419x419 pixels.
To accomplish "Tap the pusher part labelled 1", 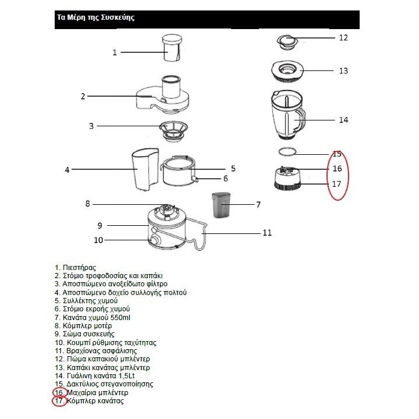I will point(172,48).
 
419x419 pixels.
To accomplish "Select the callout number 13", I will point(343,70).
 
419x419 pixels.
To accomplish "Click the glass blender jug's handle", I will point(300,120).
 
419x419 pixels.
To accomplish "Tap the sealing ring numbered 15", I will point(286,151).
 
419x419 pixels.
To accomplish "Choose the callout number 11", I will point(267,233).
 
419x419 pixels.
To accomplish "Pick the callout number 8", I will point(88,204).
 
